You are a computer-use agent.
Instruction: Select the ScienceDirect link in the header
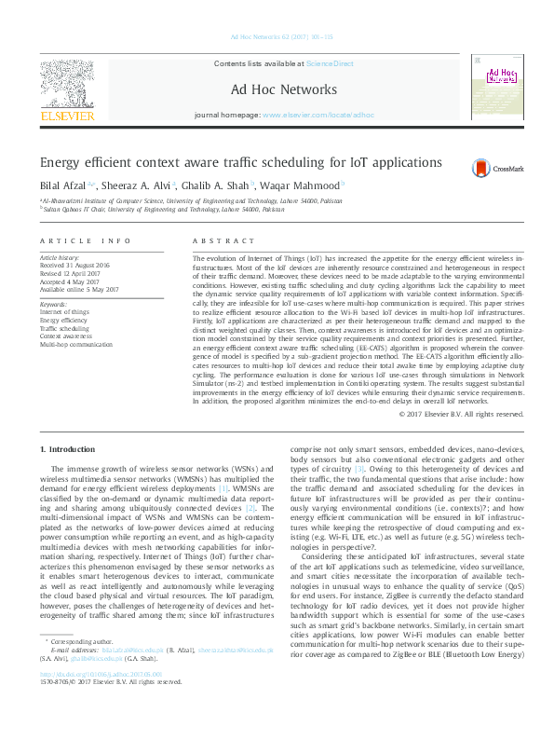pos(315,62)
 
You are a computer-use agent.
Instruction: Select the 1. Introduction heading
pos(68,450)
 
